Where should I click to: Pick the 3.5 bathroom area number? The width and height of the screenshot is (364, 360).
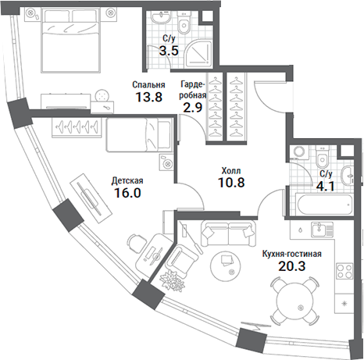pyautogui.click(x=168, y=52)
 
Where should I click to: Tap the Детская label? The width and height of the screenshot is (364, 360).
pyautogui.click(x=127, y=179)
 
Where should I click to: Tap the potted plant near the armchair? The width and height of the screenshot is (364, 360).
pyautogui.click(x=171, y=279)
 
